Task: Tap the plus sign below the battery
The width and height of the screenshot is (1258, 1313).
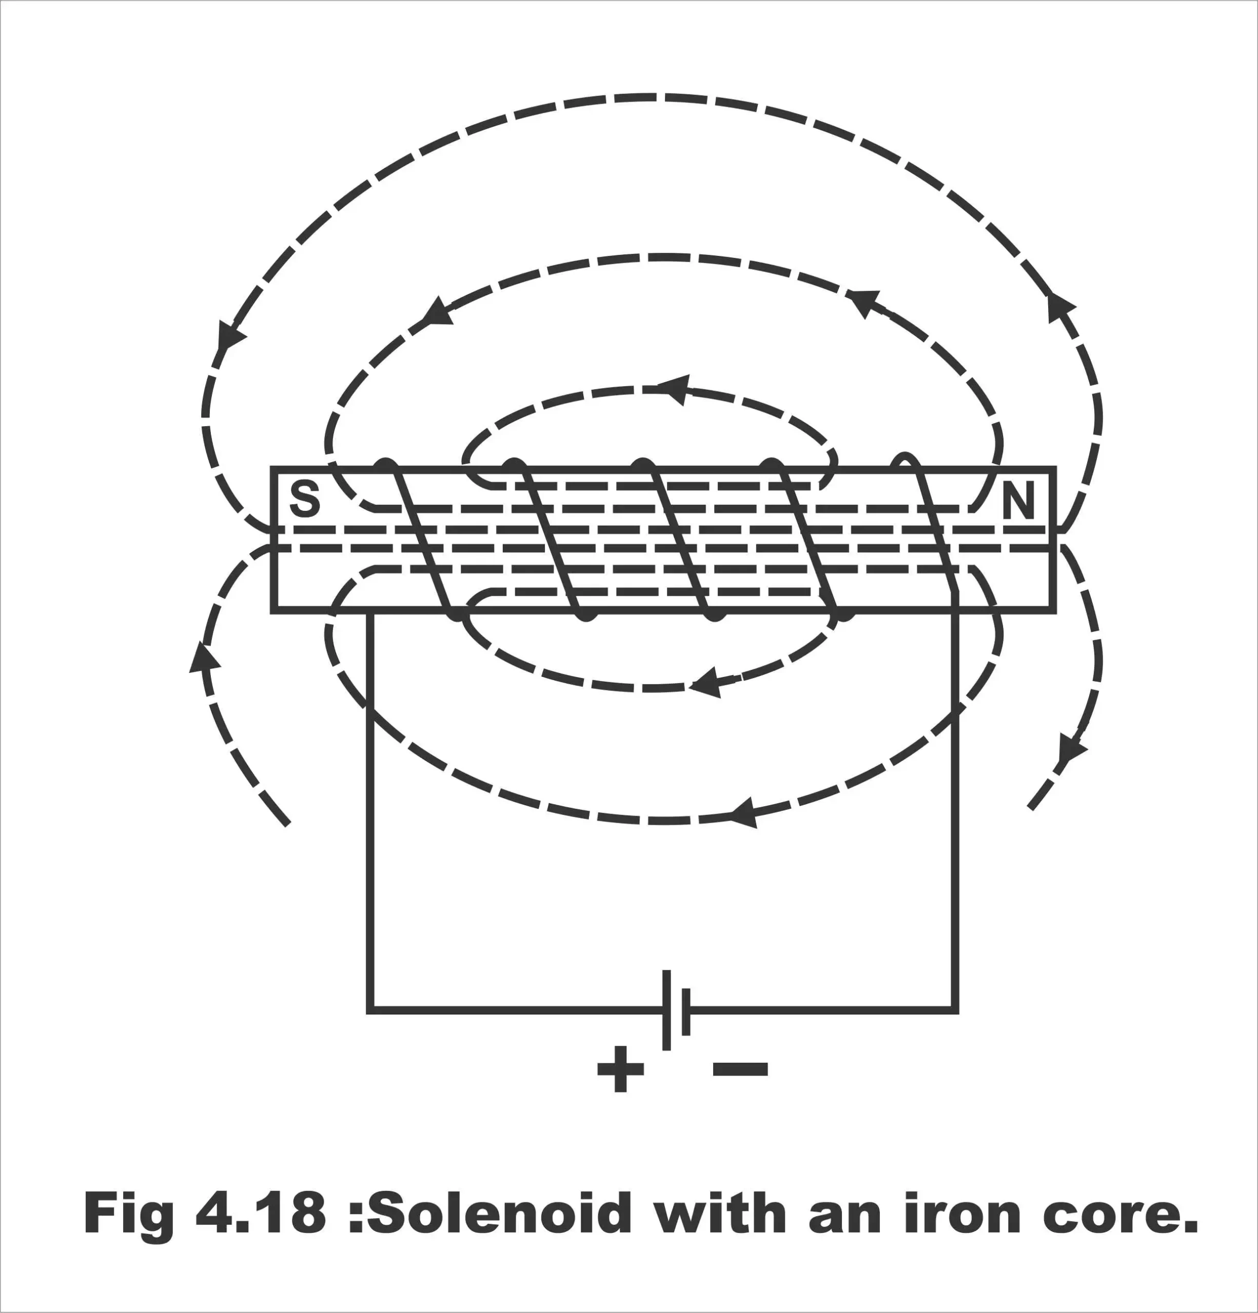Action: [x=621, y=1068]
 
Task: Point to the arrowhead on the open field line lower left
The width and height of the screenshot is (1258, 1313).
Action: [x=204, y=656]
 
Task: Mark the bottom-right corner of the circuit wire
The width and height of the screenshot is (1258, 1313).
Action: [x=956, y=1010]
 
